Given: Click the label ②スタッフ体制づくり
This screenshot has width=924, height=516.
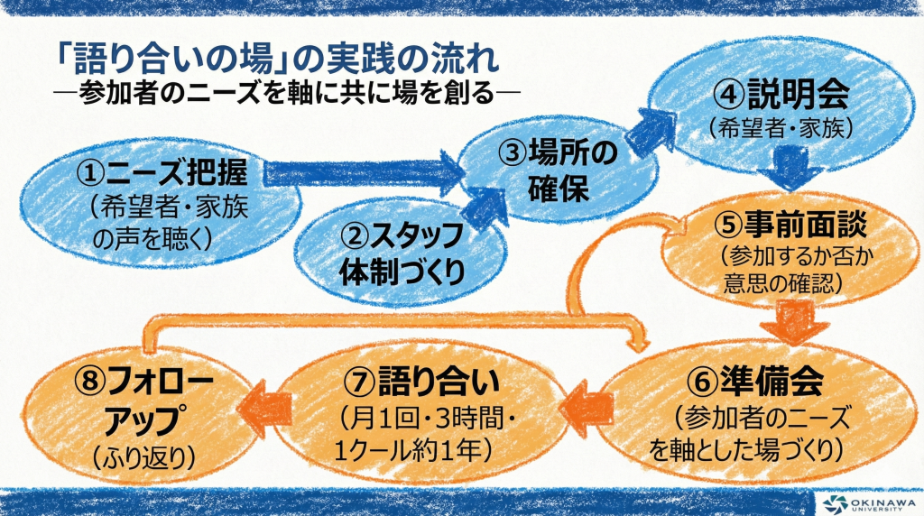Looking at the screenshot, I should click(402, 253).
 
